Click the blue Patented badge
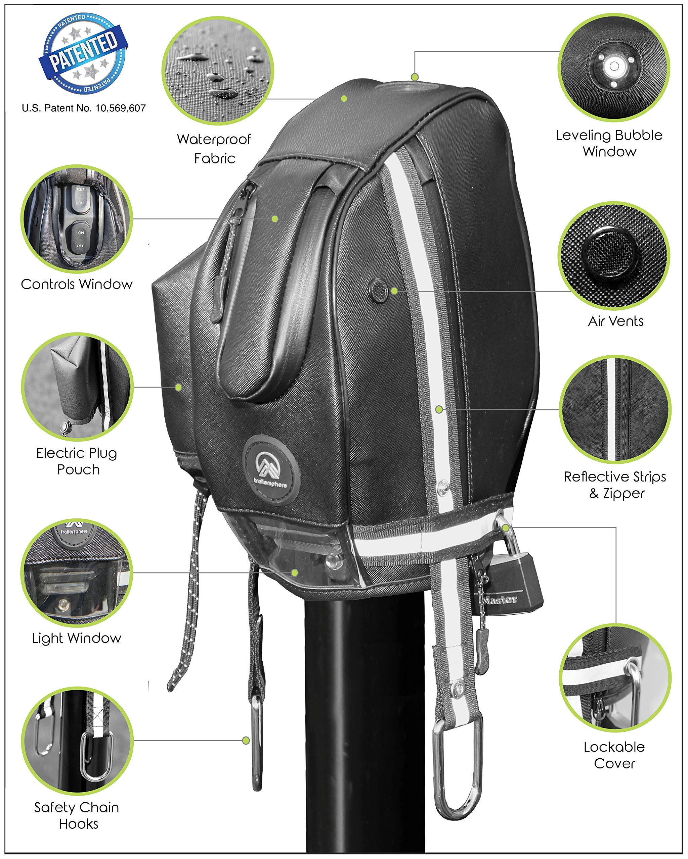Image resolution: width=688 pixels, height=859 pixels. [83, 54]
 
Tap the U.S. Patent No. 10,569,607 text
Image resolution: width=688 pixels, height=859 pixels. [84, 108]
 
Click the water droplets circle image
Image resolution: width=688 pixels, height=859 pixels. [217, 71]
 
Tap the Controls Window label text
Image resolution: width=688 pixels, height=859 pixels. [77, 285]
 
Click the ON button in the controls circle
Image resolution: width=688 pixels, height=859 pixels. [81, 232]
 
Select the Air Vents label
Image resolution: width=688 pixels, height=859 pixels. [615, 321]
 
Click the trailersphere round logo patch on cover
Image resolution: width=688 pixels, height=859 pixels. [271, 470]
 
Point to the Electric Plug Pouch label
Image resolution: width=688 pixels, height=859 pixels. [77, 461]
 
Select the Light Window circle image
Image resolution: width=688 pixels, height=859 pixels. [77, 573]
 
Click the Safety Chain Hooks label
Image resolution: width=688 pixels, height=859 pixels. [77, 816]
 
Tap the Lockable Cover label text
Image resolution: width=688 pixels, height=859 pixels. [614, 755]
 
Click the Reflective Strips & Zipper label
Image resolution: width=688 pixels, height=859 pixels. [615, 485]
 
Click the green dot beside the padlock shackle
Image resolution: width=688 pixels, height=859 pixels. [505, 528]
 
